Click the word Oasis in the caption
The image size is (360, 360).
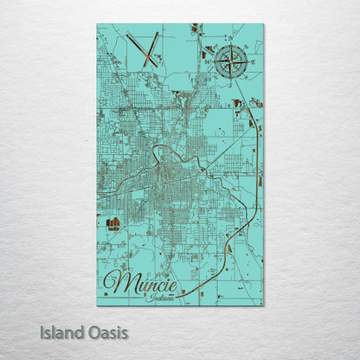pyautogui.click(x=109, y=331)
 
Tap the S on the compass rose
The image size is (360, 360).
pyautogui.click(x=231, y=80)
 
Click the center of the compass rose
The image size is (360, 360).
pyautogui.click(x=231, y=62)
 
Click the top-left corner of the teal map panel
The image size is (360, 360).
pyautogui.click(x=98, y=25)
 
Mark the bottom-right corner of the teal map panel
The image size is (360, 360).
pyautogui.click(x=263, y=305)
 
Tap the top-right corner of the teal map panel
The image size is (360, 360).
pyautogui.click(x=263, y=25)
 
